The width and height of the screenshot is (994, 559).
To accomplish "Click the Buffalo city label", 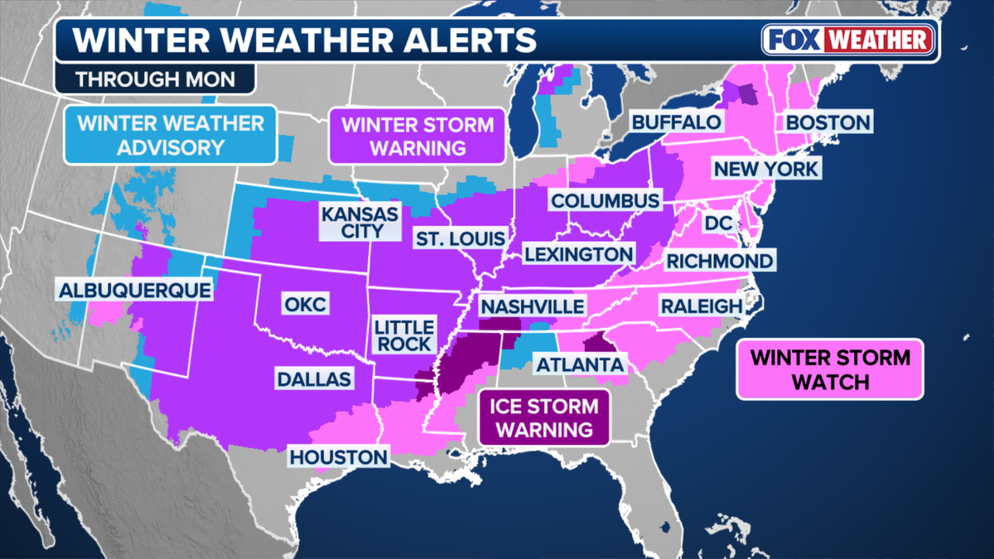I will pyautogui.click(x=676, y=123).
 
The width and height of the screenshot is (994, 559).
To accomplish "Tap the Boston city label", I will pyautogui.click(x=828, y=123).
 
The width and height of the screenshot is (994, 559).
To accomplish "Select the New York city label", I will pyautogui.click(x=766, y=169).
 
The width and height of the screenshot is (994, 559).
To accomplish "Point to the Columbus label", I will pyautogui.click(x=606, y=200).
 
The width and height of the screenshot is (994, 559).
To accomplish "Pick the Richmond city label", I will pyautogui.click(x=719, y=261).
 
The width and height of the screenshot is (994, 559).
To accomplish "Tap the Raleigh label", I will pyautogui.click(x=701, y=306).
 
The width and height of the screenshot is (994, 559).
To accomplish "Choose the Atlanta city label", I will pyautogui.click(x=579, y=364).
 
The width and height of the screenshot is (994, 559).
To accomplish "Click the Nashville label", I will pyautogui.click(x=532, y=306).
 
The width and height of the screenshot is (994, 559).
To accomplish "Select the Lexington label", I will pyautogui.click(x=578, y=253).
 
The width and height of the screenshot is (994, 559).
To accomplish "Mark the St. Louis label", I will pyautogui.click(x=460, y=239).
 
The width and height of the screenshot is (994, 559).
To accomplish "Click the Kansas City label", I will pyautogui.click(x=359, y=222).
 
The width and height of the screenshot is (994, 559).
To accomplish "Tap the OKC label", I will pyautogui.click(x=305, y=304).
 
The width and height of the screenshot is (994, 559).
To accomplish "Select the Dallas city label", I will pyautogui.click(x=314, y=378).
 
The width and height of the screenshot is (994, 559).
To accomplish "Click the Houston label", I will pyautogui.click(x=338, y=457).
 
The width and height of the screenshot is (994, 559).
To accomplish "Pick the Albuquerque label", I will pyautogui.click(x=134, y=290).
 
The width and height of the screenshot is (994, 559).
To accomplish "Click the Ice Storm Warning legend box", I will pyautogui.click(x=543, y=417).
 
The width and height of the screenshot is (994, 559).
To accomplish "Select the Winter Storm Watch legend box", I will pyautogui.click(x=829, y=369).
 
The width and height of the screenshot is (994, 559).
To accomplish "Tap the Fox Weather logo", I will pyautogui.click(x=850, y=39).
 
